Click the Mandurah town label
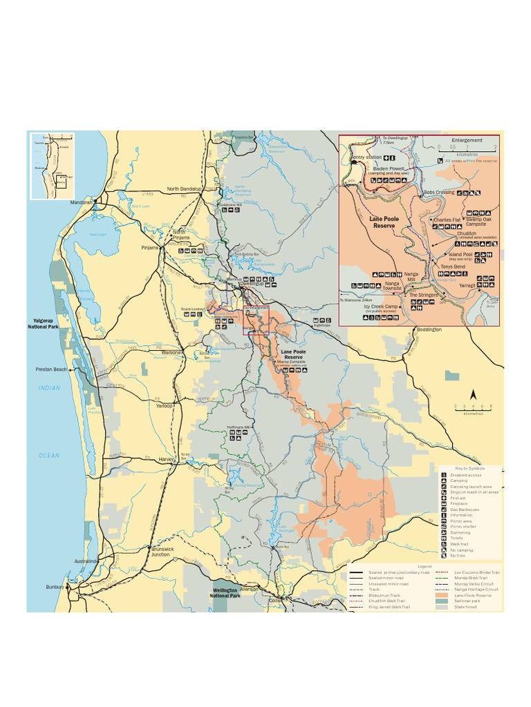tap(81, 202)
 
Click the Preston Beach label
tap(52, 369)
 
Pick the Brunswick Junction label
tap(160, 551)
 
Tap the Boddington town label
tap(429, 330)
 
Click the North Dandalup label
tap(183, 188)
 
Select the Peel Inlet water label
tap(98, 234)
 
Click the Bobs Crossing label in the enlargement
tap(439, 192)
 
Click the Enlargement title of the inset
tap(467, 140)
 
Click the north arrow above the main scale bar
tap(474, 394)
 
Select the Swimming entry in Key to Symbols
tap(460, 532)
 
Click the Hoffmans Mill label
tap(238, 427)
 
